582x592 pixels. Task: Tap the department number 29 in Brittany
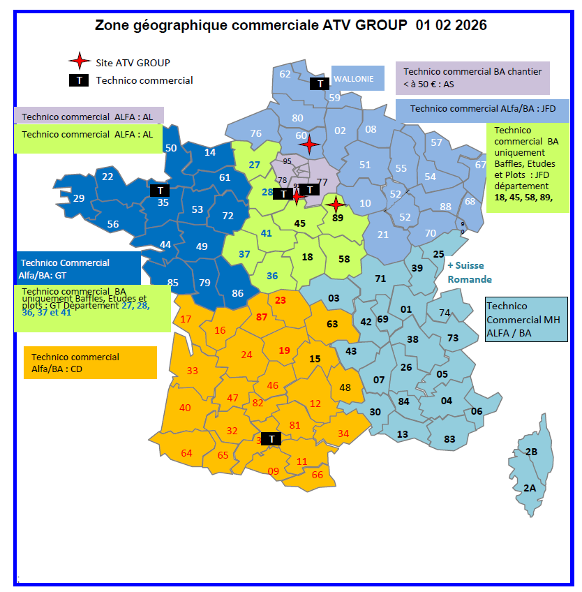tap(79, 198)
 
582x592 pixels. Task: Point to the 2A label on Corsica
tap(529, 488)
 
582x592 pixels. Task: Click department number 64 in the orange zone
tap(186, 453)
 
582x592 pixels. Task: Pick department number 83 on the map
tap(449, 438)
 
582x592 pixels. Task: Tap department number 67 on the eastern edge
tap(480, 165)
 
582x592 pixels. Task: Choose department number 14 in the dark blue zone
tap(210, 152)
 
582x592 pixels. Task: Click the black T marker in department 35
tap(160, 190)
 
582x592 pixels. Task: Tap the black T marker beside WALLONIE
tap(320, 84)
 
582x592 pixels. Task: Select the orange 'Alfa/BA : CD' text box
tap(90, 362)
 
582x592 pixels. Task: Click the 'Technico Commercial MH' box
tap(526, 319)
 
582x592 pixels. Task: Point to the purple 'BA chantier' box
tap(472, 77)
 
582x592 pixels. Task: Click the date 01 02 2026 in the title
tap(451, 26)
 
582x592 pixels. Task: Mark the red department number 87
tap(262, 317)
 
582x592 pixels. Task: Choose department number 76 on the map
tap(255, 133)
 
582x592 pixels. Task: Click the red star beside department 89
tap(336, 205)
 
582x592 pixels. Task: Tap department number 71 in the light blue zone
tap(380, 279)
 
